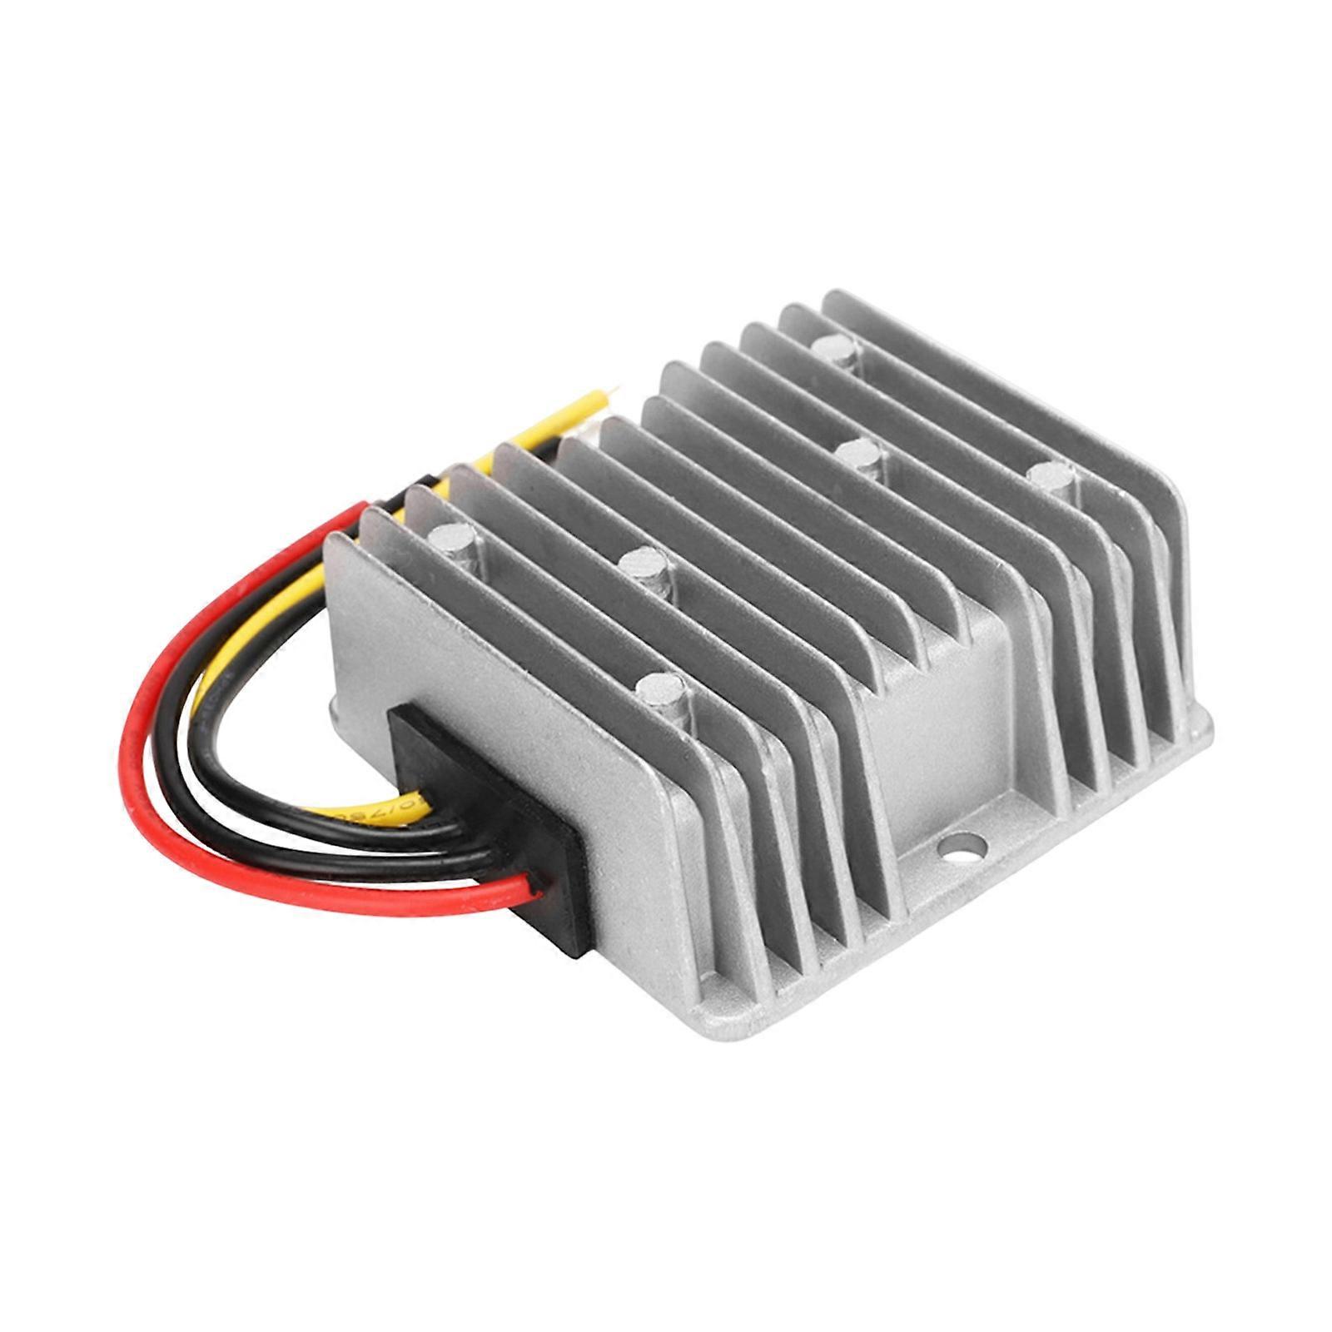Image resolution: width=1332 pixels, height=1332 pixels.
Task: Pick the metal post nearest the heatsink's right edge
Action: pos(1051,482)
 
